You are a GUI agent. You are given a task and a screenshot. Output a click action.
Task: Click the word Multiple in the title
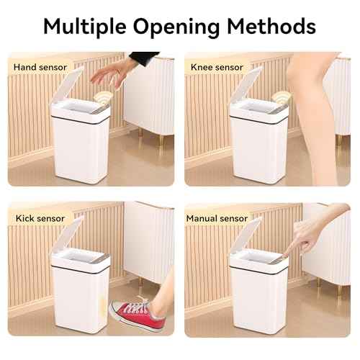(85, 26)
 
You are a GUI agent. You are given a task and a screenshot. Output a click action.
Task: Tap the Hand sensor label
(40, 67)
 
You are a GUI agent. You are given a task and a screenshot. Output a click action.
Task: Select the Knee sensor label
(217, 67)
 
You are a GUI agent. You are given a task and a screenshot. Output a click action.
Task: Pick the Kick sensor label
(40, 217)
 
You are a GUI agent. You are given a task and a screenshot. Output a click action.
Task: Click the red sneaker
(136, 312)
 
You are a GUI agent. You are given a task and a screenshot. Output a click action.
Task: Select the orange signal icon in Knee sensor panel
(279, 96)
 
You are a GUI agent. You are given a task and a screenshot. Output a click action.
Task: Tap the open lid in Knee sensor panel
(246, 86)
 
